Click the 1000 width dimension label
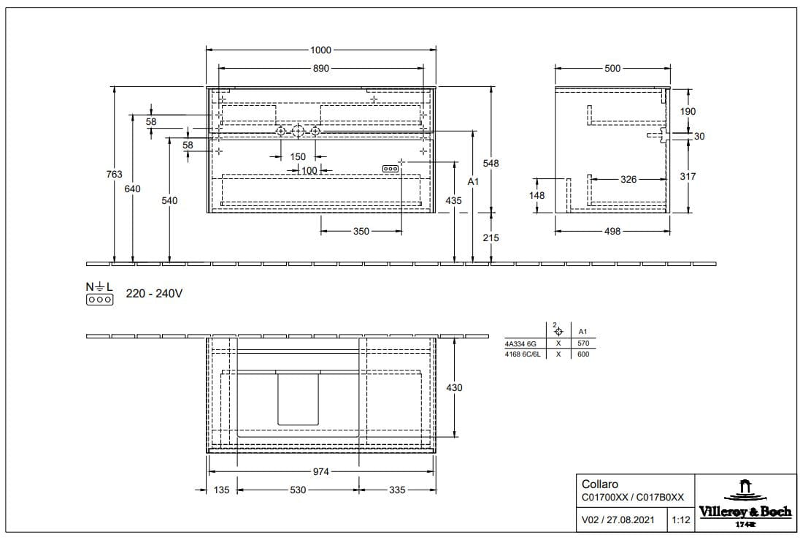click(x=320, y=50)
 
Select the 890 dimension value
click(x=320, y=68)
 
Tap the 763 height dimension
click(x=115, y=175)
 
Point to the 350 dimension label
click(x=361, y=232)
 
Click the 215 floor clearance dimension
click(x=491, y=237)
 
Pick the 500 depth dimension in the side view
click(x=612, y=68)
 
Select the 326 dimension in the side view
click(x=628, y=180)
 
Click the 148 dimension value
click(x=537, y=196)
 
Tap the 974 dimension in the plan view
click(x=320, y=471)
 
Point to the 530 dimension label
click(x=298, y=490)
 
